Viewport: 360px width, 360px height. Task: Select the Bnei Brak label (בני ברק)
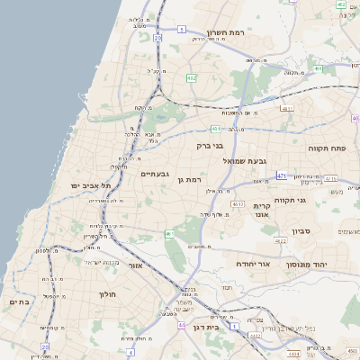(x=209, y=144)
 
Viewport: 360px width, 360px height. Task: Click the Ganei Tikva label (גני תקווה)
(x=314, y=201)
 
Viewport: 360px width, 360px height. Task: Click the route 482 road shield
(x=191, y=78)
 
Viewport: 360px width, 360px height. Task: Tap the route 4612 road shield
(x=238, y=204)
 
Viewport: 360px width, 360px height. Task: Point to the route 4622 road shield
(x=281, y=241)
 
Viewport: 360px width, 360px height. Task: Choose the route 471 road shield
(x=282, y=175)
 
